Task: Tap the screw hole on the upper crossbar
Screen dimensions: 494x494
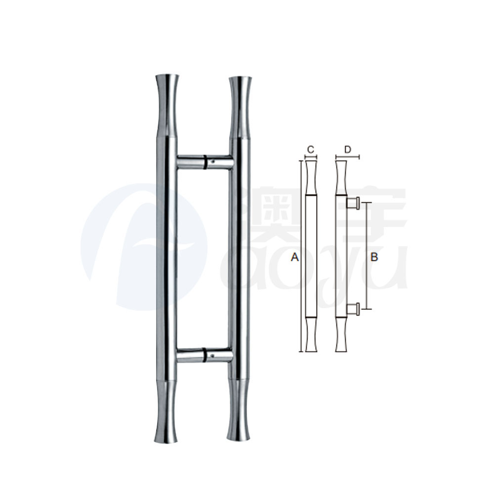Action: (x=212, y=161)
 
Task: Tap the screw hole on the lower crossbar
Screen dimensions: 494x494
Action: (x=212, y=354)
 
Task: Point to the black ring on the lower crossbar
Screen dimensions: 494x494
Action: (x=203, y=356)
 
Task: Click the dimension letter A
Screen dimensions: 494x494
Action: (x=295, y=257)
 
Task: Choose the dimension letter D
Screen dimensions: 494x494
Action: (x=348, y=149)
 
